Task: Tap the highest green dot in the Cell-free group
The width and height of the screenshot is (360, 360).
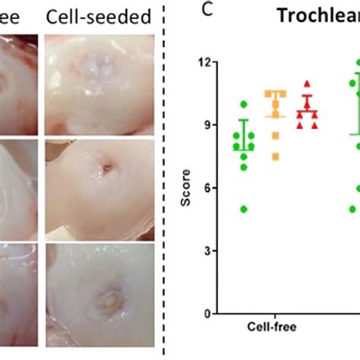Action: [x=243, y=104]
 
